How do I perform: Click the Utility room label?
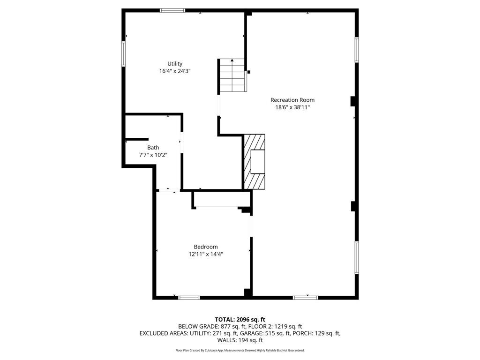175,64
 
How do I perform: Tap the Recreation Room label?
292,100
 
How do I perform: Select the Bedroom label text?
206,247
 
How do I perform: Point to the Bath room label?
153,148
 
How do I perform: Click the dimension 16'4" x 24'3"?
175,71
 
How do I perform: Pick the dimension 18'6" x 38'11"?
292,107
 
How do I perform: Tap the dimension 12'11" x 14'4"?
206,255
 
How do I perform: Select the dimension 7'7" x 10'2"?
153,155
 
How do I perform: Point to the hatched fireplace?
254,162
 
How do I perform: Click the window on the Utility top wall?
172,10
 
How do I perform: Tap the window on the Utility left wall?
124,53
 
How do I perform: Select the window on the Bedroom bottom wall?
189,298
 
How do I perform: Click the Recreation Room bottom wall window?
306,298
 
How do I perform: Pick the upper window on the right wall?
357,50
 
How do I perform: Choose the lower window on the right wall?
357,258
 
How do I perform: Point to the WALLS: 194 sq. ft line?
240,340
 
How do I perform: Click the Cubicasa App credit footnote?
240,350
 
